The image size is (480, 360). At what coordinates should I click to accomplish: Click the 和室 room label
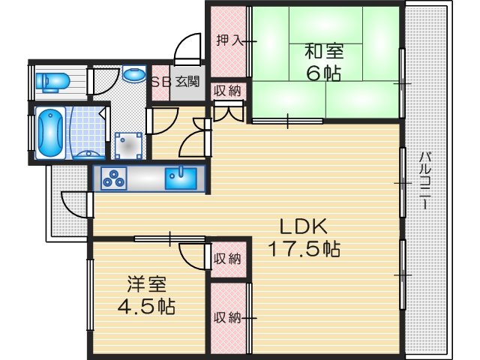(x=324, y=52)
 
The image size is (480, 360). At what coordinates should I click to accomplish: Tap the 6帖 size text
(x=324, y=73)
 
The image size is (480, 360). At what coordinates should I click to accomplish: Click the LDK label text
(x=304, y=226)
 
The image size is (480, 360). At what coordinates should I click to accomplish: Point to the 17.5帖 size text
(x=304, y=249)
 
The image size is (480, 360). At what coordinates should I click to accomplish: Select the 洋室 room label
(x=146, y=284)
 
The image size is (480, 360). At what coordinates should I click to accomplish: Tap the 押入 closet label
(x=229, y=40)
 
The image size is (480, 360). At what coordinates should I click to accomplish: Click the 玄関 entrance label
(x=187, y=81)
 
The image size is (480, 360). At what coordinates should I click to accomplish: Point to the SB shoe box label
(x=161, y=81)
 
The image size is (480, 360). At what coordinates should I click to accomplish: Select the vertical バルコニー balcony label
(x=424, y=180)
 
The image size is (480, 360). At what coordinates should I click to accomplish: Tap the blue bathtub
(x=49, y=133)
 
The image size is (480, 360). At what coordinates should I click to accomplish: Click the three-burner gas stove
(x=115, y=178)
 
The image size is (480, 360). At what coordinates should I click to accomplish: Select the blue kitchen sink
(x=181, y=178)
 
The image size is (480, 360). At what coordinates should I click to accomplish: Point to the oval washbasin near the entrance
(x=133, y=75)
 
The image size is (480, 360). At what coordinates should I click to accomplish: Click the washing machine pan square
(x=128, y=144)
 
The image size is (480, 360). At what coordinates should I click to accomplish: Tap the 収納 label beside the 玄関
(x=227, y=91)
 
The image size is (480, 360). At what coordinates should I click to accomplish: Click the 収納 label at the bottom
(x=227, y=317)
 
